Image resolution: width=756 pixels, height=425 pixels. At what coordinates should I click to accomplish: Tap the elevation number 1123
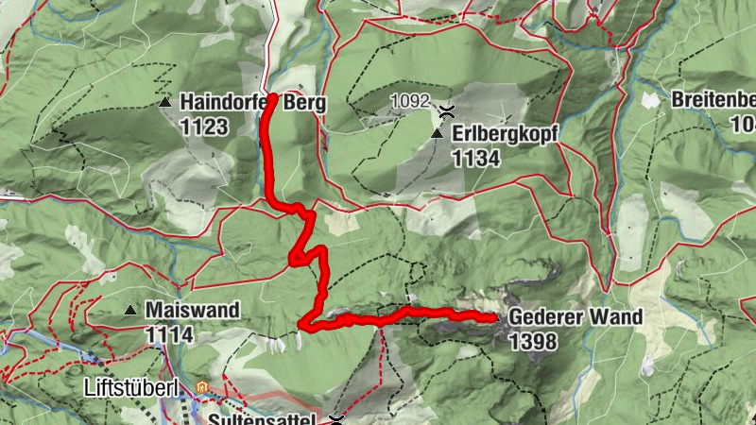tap(204, 126)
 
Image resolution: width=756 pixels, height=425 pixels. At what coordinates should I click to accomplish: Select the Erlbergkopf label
tap(506, 136)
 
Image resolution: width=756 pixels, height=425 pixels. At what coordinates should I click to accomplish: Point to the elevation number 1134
tap(476, 159)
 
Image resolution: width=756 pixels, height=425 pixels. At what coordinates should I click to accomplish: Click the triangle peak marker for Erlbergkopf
tap(437, 136)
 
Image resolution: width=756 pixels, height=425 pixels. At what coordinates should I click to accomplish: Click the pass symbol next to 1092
tap(443, 110)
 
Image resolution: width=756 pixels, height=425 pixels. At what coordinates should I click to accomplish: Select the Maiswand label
tap(192, 310)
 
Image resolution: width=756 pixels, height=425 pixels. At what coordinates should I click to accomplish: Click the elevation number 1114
tap(169, 333)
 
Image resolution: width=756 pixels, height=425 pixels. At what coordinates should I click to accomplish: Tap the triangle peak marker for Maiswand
tap(130, 310)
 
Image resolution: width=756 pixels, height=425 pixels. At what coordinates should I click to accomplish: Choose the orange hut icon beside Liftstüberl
tap(202, 387)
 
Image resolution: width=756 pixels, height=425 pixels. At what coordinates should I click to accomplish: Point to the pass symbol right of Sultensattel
tap(336, 418)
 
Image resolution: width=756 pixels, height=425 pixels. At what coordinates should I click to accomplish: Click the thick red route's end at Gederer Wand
tap(494, 318)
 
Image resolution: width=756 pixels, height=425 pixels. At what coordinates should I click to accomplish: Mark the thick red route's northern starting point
tap(272, 96)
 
